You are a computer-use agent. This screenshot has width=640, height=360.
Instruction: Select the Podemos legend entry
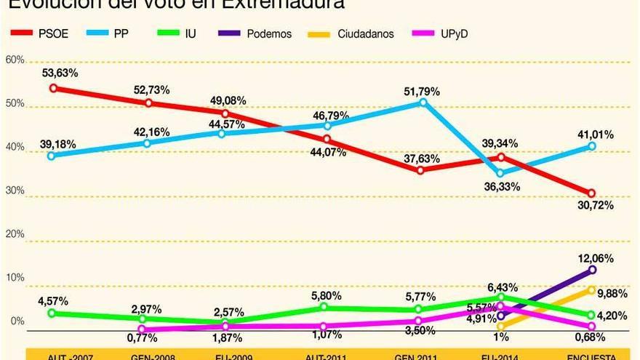point(255,33)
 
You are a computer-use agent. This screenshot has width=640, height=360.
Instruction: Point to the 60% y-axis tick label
point(15,60)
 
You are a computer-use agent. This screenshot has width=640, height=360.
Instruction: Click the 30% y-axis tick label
point(15,191)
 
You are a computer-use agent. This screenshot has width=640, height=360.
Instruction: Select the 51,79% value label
point(423,92)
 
